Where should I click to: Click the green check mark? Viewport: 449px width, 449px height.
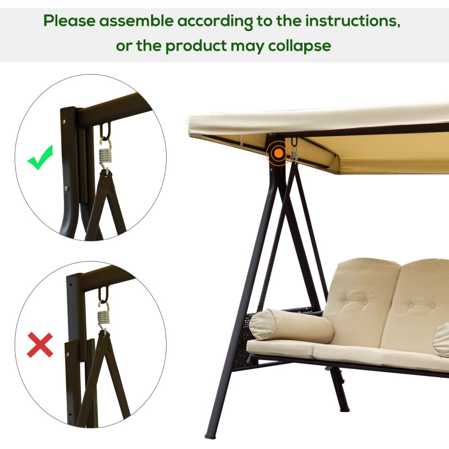coord(40,158)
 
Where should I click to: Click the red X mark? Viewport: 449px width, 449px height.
coord(40,345)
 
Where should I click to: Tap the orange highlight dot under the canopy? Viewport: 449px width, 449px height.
coord(276,152)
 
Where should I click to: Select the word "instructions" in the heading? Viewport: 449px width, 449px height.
coord(352,21)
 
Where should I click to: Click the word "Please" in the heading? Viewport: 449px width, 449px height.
coord(69,21)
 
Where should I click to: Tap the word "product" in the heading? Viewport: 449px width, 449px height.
coord(196,45)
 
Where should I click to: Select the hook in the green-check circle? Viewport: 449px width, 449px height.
coord(105,134)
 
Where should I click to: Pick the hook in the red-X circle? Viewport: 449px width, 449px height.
coord(103,296)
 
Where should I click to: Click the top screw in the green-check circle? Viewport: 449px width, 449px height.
coord(65,120)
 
